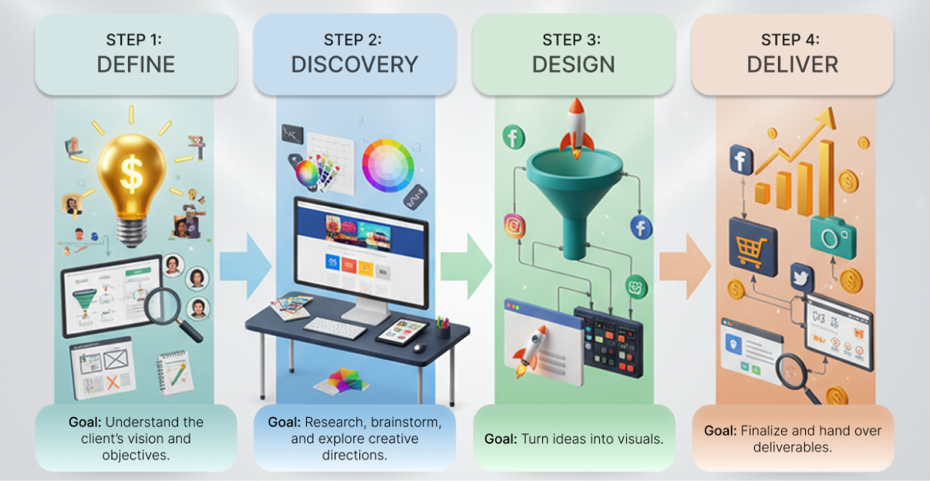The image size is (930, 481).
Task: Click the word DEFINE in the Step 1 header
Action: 136,65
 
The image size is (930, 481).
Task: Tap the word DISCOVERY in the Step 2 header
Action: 354,65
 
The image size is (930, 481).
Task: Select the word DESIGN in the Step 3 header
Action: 573,65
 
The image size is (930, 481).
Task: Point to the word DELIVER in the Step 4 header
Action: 792,65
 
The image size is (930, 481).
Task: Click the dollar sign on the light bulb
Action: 131,175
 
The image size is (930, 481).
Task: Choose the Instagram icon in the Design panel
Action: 514,227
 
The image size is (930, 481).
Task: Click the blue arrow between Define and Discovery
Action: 244,266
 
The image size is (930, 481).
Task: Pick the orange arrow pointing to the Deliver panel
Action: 685,266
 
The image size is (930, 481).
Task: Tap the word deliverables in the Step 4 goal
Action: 792,446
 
